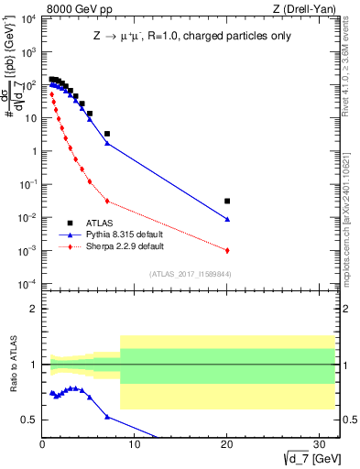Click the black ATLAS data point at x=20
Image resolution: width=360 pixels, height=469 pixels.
[x=227, y=201]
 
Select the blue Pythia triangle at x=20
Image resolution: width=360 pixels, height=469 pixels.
[x=227, y=219]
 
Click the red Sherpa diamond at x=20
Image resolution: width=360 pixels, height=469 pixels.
[x=227, y=250]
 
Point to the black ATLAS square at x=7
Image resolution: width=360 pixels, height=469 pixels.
[x=107, y=134]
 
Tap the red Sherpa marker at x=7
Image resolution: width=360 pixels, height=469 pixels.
[x=107, y=201]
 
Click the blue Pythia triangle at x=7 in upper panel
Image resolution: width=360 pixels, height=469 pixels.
[x=107, y=143]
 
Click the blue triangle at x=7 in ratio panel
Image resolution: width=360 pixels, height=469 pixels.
[x=107, y=417]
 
